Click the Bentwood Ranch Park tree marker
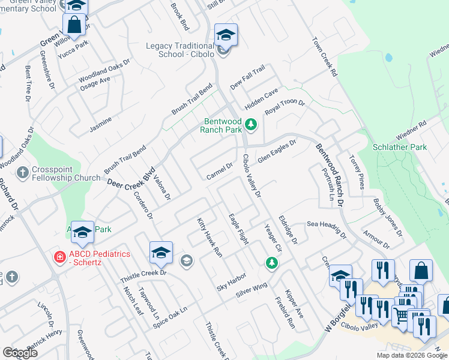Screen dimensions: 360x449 (x=252, y=125)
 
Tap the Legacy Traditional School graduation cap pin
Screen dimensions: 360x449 (x=226, y=35)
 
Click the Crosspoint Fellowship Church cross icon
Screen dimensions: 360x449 (x=23, y=173)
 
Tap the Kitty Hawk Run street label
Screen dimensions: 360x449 (x=210, y=238)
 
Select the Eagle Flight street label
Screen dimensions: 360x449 (x=239, y=229)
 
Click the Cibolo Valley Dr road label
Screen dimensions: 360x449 (x=252, y=175)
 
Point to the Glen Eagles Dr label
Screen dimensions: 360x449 (x=277, y=151)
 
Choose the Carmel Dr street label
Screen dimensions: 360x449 (x=219, y=172)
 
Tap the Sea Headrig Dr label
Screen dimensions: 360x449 (x=327, y=227)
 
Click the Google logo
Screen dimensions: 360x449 (x=20, y=353)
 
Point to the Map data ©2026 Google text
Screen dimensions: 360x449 (x=411, y=355)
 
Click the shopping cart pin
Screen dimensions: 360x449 (x=401, y=315)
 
